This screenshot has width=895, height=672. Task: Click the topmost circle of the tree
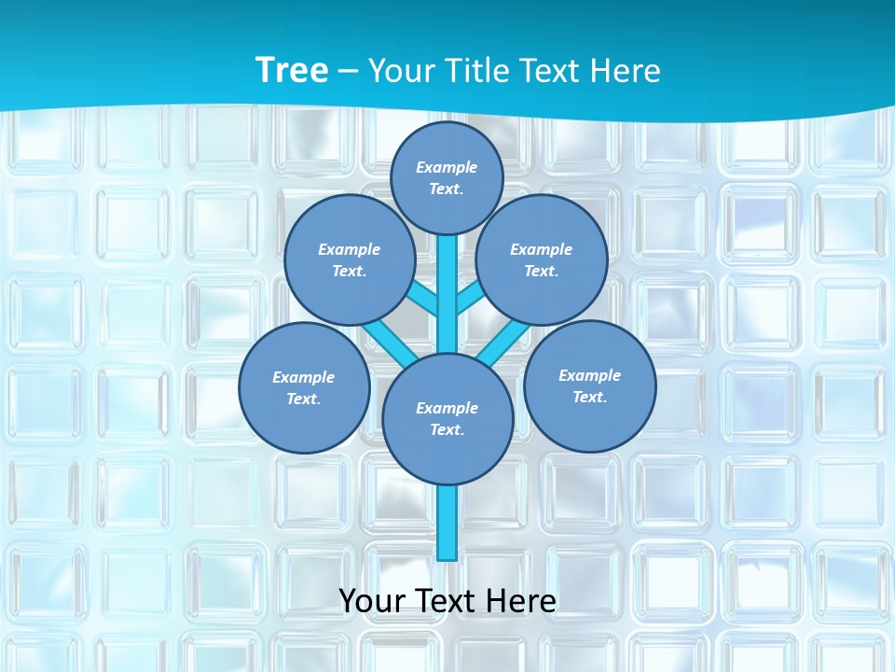tap(447, 177)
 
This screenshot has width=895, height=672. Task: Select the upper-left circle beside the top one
tap(350, 259)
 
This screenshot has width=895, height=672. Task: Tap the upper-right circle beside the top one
tap(542, 259)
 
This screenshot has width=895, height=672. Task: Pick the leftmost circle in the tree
tap(304, 387)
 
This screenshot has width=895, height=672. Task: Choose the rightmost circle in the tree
tap(589, 385)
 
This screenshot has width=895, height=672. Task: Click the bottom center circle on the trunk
tap(447, 419)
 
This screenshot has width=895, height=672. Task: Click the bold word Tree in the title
tap(292, 70)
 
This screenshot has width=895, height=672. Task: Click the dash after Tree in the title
tap(348, 71)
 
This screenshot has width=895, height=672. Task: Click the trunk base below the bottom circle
tap(447, 523)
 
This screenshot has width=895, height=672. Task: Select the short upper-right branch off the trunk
tap(470, 299)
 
